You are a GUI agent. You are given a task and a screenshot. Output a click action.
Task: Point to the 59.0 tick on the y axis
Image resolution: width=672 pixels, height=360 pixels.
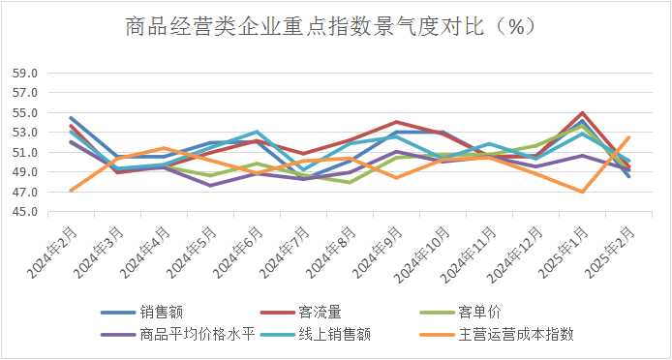pos(25,73)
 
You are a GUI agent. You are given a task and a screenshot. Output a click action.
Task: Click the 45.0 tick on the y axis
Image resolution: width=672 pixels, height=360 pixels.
pos(25,212)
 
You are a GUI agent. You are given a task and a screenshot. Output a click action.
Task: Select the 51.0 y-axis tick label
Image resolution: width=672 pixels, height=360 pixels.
pos(25,152)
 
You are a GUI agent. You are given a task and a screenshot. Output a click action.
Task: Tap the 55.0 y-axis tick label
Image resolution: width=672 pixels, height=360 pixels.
pos(25,112)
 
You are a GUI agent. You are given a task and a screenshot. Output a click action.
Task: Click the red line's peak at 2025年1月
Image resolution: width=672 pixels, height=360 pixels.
pos(582,113)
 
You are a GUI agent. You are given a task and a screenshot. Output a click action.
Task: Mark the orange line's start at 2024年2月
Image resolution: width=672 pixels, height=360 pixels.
pos(71,191)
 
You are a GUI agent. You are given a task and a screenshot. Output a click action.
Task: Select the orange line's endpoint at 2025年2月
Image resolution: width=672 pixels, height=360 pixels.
pos(628,136)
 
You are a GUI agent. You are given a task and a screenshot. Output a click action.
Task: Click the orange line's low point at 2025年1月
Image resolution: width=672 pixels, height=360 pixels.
pos(582,192)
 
